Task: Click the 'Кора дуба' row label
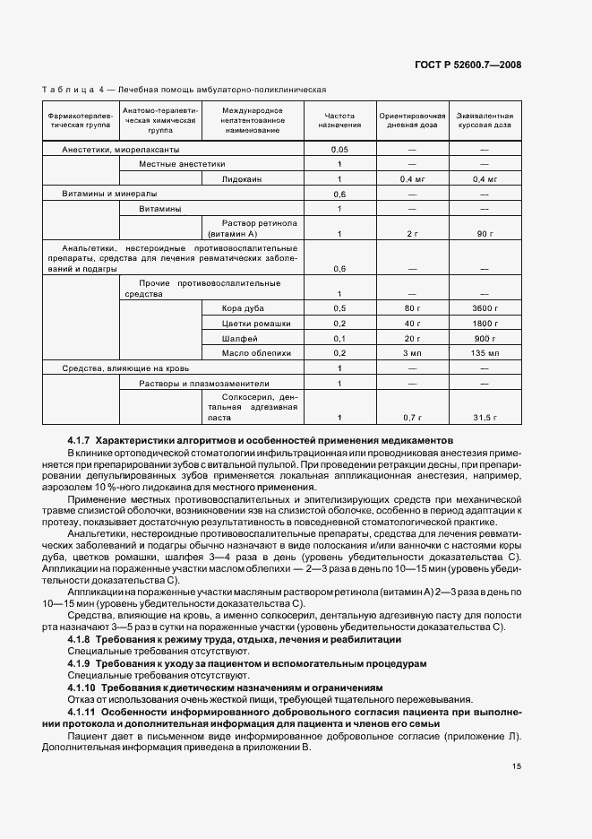[243, 308]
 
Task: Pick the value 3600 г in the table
[485, 308]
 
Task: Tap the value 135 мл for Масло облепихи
[485, 353]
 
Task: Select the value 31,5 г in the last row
[485, 418]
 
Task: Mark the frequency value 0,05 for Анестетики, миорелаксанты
[339, 149]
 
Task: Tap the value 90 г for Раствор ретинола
[485, 234]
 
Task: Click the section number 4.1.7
[80, 441]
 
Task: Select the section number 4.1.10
[82, 688]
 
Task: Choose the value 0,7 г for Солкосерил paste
[412, 418]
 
